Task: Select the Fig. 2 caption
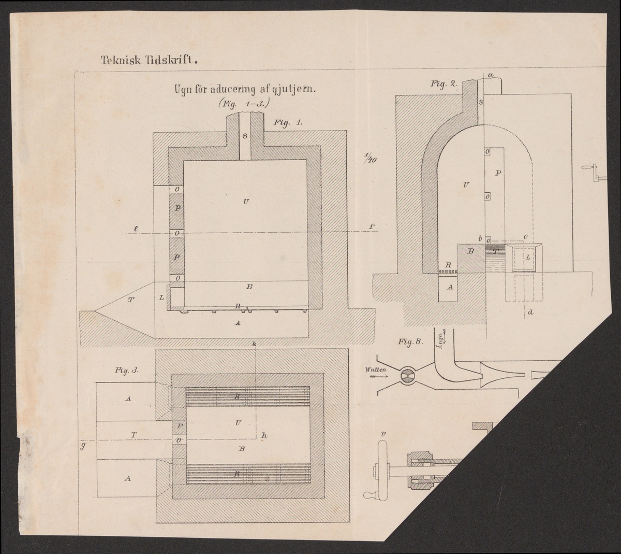[443, 83]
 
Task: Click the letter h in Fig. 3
[264, 436]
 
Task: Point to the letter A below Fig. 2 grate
[449, 287]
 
